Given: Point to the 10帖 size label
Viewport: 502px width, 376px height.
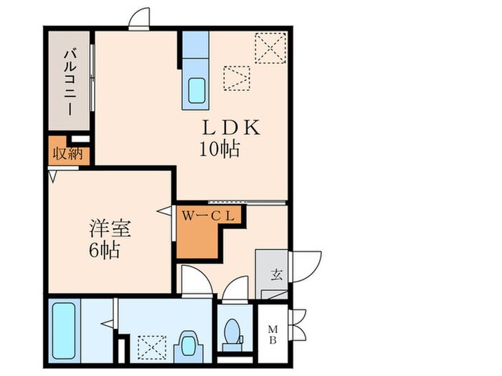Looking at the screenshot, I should (x=219, y=150).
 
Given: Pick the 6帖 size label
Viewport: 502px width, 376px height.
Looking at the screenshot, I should (x=105, y=251).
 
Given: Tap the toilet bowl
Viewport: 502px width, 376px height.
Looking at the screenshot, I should (x=232, y=332).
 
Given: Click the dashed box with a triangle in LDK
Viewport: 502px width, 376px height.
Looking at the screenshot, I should (x=236, y=77).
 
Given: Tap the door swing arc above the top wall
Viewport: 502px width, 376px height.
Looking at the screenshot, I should (x=140, y=18).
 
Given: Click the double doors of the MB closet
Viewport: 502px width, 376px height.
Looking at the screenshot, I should (x=297, y=327).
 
